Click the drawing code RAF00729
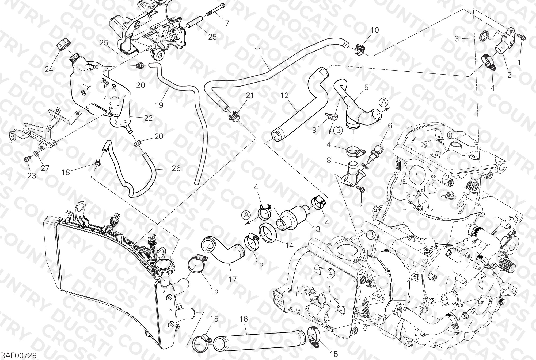point(18,355)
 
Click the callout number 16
point(244,319)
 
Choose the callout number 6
point(390,125)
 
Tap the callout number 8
point(329,161)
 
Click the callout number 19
point(159,105)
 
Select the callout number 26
point(176,168)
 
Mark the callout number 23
point(32,176)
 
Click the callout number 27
point(45,168)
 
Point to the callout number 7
point(227,24)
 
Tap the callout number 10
point(375,30)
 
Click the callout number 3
point(457,39)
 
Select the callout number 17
point(233,279)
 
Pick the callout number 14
point(289,245)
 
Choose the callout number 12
point(285,95)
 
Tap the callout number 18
point(66,172)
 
